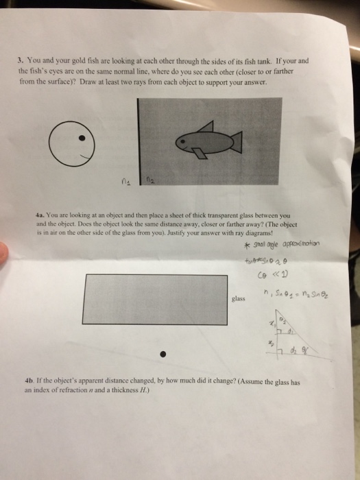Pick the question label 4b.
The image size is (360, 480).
click(x=37, y=380)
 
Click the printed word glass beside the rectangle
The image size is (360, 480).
click(x=239, y=298)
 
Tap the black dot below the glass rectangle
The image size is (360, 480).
click(x=163, y=355)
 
